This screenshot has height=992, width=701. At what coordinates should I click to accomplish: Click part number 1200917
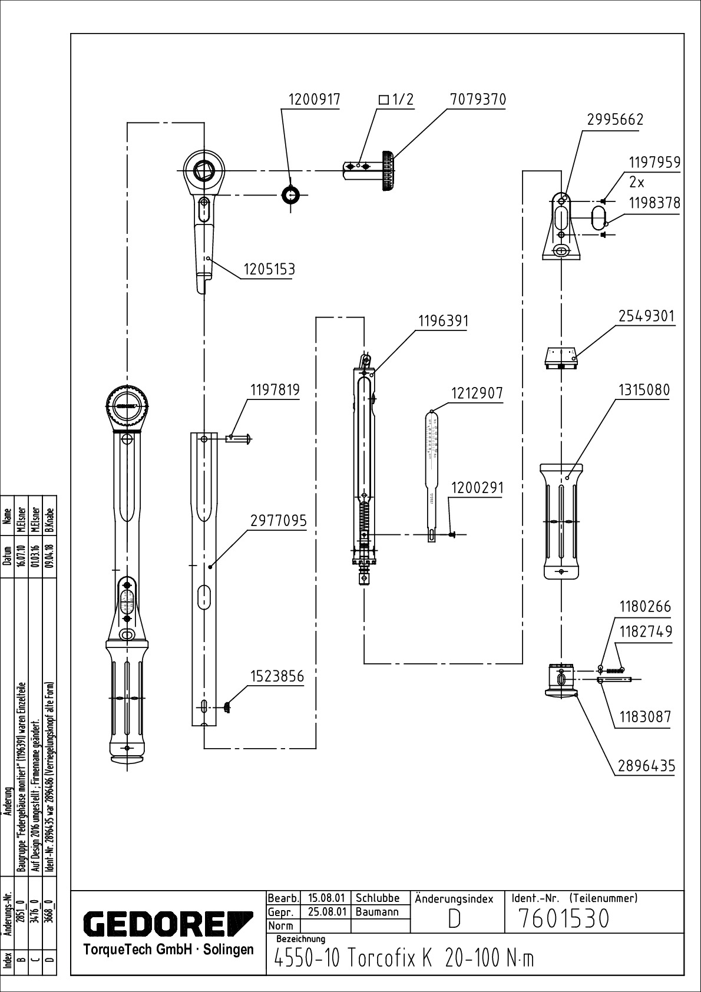[x=314, y=100]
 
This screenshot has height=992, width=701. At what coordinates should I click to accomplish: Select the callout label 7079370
[x=478, y=100]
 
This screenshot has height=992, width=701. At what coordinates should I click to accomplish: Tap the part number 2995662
[x=615, y=120]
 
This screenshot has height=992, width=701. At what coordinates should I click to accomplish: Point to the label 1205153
[x=269, y=269]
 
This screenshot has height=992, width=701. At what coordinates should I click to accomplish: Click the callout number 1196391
[x=443, y=321]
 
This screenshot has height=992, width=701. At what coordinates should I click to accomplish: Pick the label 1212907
[x=477, y=393]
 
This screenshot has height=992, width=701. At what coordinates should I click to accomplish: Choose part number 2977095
[x=279, y=521]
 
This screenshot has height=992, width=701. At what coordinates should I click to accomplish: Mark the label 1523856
[x=277, y=676]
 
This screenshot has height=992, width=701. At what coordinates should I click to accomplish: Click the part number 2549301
[x=646, y=316]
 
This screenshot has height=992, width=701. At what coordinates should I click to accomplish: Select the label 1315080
[x=644, y=390]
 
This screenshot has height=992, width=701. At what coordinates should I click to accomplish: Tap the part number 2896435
[x=646, y=766]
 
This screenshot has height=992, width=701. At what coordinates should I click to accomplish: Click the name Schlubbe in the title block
[x=378, y=899]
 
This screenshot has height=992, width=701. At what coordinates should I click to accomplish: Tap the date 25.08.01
[x=326, y=912]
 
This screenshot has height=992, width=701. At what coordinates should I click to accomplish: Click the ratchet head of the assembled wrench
[x=127, y=407]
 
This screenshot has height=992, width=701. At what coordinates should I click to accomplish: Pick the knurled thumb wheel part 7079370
[x=388, y=171]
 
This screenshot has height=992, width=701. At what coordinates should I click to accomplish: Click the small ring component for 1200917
[x=291, y=194]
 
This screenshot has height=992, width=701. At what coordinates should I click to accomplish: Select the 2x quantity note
[x=637, y=181]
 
